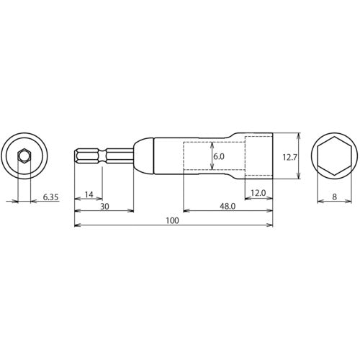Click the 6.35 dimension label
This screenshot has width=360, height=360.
click(50, 197)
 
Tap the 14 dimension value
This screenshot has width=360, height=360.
click(89, 194)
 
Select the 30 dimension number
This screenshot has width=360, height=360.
click(104, 207)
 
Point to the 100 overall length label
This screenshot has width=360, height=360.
click(173, 220)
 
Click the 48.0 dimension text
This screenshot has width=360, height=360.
click(228, 207)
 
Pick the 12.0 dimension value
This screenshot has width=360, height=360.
click(258, 193)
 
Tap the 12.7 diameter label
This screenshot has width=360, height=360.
click(290, 158)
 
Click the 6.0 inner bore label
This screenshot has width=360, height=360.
click(219, 156)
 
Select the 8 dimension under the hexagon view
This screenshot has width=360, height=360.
click(335, 197)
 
